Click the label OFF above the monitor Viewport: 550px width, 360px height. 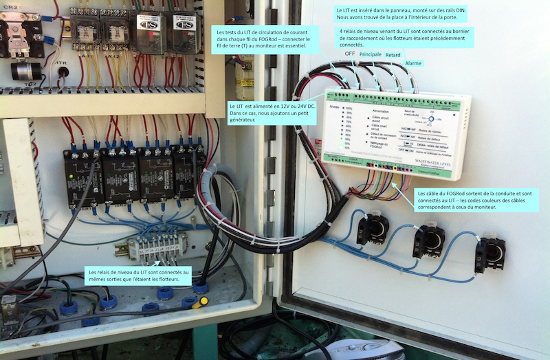coord(349,53)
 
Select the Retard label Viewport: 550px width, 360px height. coord(393,54)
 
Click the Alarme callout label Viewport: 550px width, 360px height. coord(413,64)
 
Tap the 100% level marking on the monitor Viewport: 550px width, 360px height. coord(349,109)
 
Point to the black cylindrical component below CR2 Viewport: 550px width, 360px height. coord(25,71)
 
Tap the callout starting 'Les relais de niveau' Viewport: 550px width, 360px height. coord(138,277)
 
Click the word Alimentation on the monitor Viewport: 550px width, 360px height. coord(379,110)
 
